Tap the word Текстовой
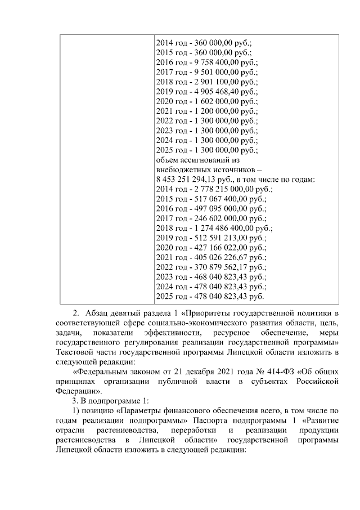coord(75,352)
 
